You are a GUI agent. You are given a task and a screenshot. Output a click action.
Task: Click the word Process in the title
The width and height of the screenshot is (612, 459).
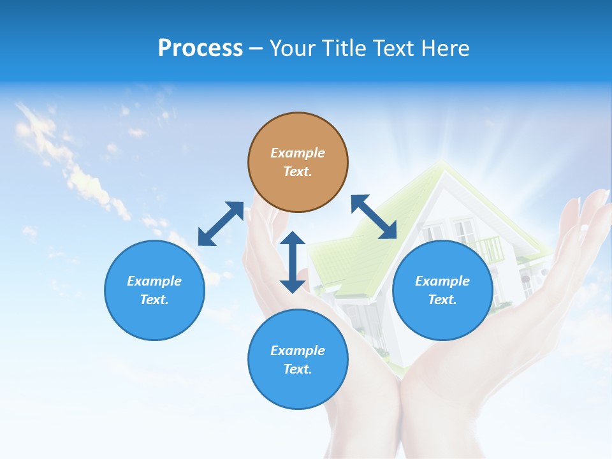(x=200, y=48)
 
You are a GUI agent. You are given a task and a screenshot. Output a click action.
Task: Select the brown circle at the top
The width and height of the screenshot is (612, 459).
(x=298, y=162)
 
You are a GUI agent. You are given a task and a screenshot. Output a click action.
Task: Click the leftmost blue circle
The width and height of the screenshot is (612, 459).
(x=154, y=290)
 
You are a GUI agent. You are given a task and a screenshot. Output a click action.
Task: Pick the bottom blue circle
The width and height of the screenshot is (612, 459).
(x=298, y=360)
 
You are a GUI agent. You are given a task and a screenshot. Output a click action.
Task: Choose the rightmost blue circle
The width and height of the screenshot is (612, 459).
(x=442, y=290)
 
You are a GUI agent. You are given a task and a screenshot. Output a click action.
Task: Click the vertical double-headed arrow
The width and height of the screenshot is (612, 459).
(x=293, y=262)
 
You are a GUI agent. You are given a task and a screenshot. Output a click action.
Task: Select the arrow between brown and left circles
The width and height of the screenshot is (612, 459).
(x=221, y=224)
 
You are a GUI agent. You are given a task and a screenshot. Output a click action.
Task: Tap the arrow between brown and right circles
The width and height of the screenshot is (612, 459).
(x=374, y=217)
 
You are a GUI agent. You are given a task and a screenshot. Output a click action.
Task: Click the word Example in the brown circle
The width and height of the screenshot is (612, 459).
(x=298, y=153)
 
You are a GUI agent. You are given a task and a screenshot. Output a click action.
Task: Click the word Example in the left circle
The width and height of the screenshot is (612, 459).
(x=154, y=281)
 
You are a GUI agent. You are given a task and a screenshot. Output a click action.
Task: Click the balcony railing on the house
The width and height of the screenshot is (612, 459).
(x=490, y=247)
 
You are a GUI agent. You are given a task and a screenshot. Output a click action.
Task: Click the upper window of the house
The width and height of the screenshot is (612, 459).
(x=464, y=229)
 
